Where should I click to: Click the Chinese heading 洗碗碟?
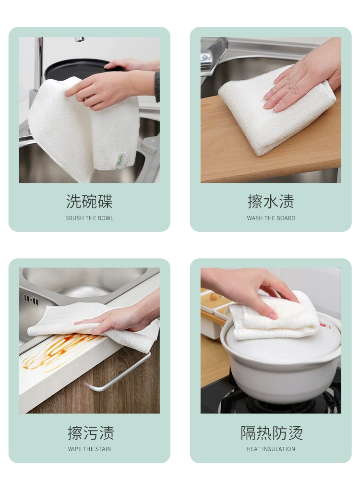click(89, 202)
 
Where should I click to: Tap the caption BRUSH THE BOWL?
click(89, 218)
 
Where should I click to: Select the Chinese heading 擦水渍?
click(271, 202)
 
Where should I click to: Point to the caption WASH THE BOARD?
click(271, 218)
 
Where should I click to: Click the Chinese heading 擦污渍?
click(91, 433)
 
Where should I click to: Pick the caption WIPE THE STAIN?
click(89, 449)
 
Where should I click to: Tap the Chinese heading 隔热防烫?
click(272, 433)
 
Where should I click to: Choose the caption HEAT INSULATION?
click(271, 449)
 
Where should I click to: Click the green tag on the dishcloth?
click(119, 160)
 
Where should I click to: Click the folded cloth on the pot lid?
click(274, 317)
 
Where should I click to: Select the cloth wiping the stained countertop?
click(92, 324)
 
